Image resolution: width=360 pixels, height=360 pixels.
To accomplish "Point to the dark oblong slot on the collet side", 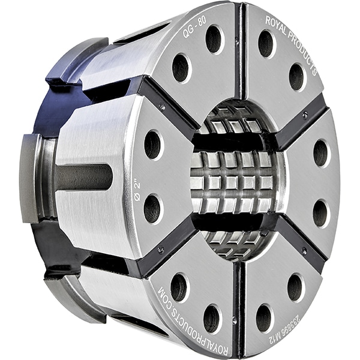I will [x=84, y=176].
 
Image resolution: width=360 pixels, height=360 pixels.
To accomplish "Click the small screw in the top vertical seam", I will [x=237, y=42].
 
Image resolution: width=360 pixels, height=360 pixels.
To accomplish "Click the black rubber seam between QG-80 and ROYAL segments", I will [x=239, y=48].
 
